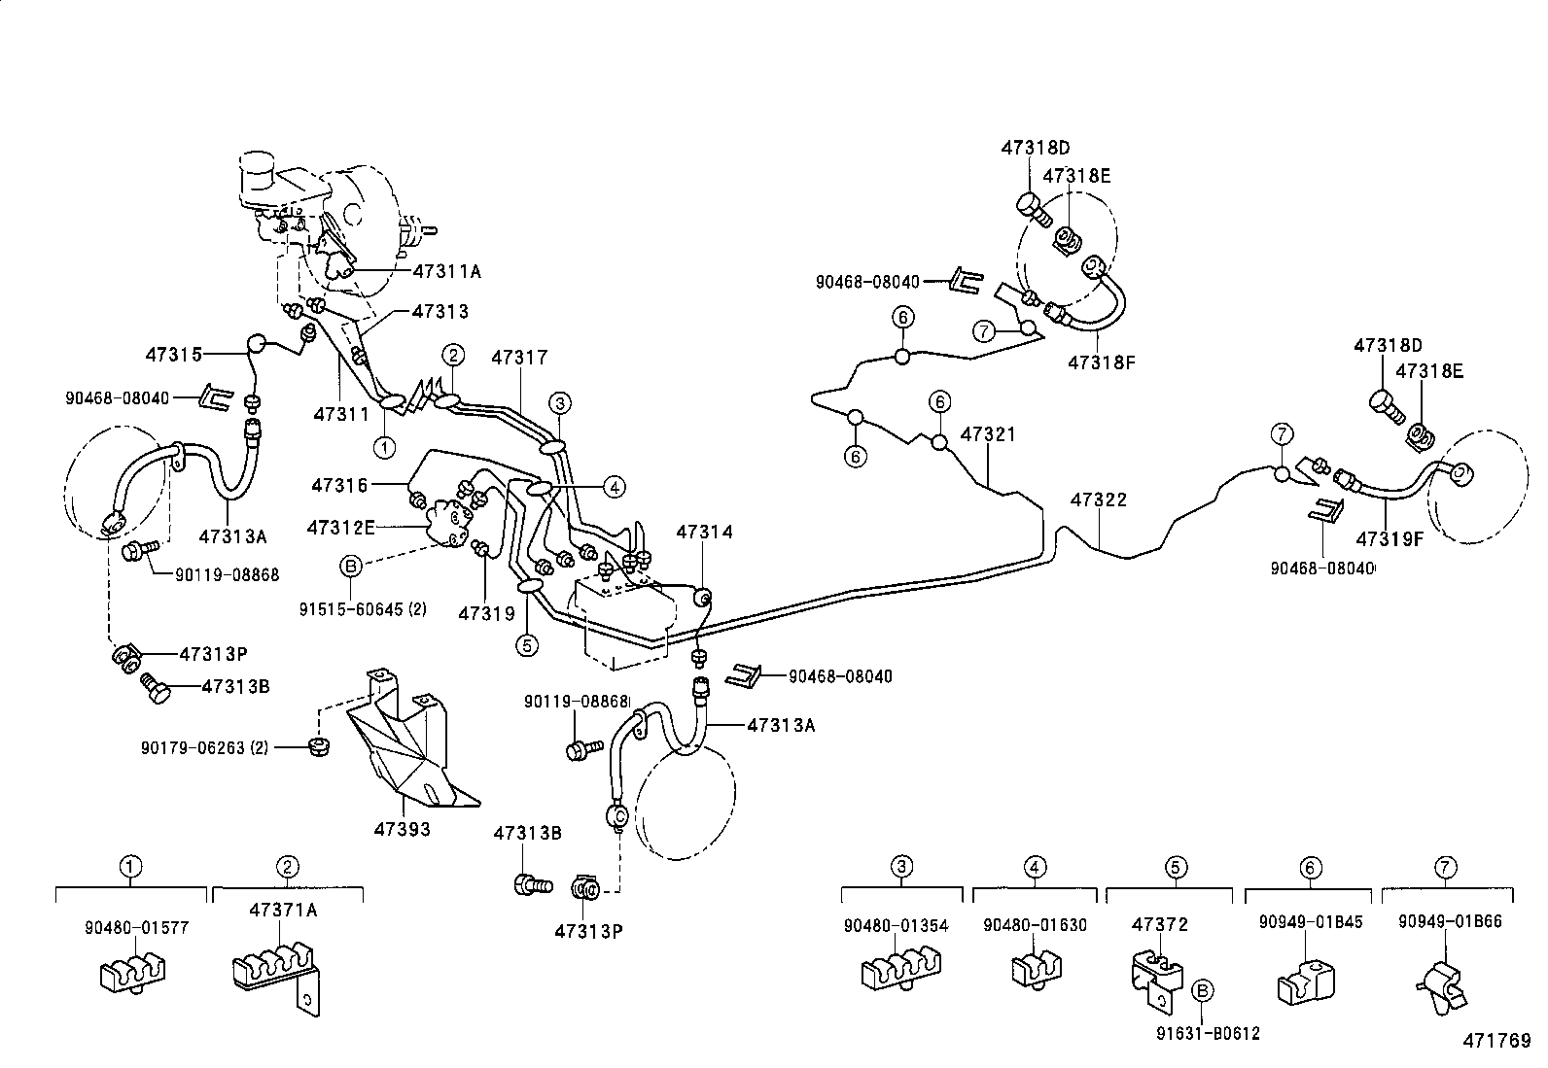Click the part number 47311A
click(446, 271)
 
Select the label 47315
click(173, 355)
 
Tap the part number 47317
click(519, 358)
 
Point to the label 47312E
click(340, 528)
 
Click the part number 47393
click(403, 829)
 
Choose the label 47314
click(704, 532)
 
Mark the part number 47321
click(988, 433)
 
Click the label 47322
click(1098, 499)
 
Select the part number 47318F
click(1102, 362)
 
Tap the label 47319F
click(1390, 538)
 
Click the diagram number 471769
click(1496, 1041)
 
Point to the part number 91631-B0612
click(1208, 1033)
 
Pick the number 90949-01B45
click(1311, 922)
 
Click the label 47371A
click(283, 910)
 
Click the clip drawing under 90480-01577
click(132, 973)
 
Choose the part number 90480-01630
click(1035, 925)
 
